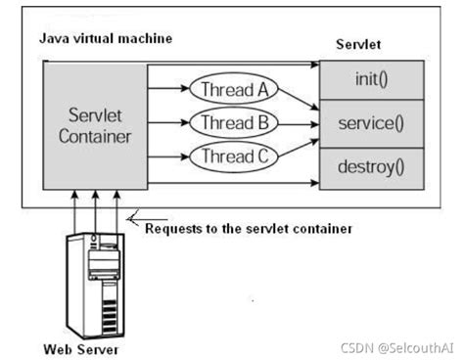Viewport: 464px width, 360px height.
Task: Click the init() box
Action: coord(373,76)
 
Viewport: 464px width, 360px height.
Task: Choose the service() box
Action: coord(373,124)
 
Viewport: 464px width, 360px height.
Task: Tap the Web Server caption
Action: coord(81,347)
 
